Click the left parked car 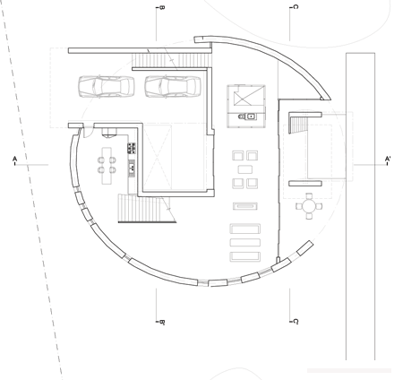[106, 87]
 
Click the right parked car [173, 87]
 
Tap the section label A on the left [14, 159]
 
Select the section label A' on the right [388, 159]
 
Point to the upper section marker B [162, 7]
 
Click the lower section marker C [296, 322]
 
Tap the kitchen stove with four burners [132, 148]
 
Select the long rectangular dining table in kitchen [107, 166]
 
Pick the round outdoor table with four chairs [309, 206]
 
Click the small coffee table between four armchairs [245, 169]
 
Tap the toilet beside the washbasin [241, 117]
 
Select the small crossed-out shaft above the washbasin [246, 95]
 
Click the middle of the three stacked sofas [244, 243]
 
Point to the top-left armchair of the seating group [237, 156]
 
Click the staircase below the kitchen [147, 208]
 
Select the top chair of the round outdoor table [309, 196]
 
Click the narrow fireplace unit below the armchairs [245, 206]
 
